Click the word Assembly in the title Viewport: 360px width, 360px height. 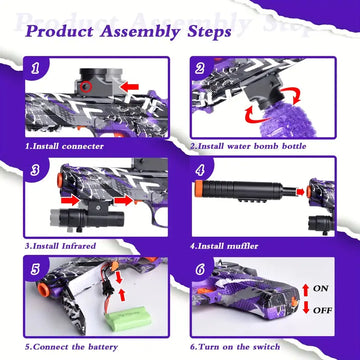(141, 32)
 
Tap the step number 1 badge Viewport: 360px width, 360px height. (35, 69)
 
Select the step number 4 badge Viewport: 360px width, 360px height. (200, 171)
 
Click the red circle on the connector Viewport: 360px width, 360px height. (87, 87)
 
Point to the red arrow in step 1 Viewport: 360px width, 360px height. (129, 87)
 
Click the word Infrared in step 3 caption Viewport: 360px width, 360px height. (79, 246)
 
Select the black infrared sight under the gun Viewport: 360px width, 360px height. (87, 217)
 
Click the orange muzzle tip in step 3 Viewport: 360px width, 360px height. (60, 180)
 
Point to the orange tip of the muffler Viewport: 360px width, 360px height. (199, 188)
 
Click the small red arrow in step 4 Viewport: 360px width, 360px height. (301, 192)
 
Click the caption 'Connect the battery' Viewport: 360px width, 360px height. (71, 347)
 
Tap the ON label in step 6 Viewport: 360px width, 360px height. (320, 288)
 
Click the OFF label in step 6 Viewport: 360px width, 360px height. (321, 310)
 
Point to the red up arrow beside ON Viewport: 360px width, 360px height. (306, 289)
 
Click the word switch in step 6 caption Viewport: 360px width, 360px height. (266, 347)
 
